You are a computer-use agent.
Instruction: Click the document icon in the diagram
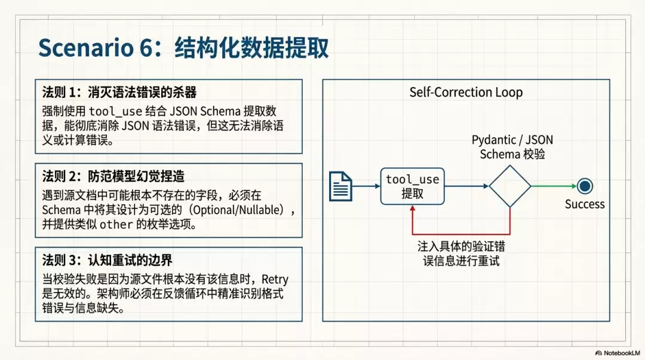pyautogui.click(x=340, y=186)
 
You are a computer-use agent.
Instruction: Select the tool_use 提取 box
pyautogui.click(x=412, y=186)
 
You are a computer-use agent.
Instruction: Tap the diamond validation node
pyautogui.click(x=509, y=186)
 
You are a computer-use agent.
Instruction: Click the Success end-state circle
pyautogui.click(x=585, y=186)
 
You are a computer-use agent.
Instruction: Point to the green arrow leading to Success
pyautogui.click(x=554, y=186)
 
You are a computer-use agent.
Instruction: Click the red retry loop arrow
pyautogui.click(x=461, y=234)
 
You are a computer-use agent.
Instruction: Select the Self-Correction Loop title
pyautogui.click(x=466, y=92)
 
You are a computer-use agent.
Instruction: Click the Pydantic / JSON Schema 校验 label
pyautogui.click(x=512, y=147)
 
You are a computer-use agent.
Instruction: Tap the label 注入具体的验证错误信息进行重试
pyautogui.click(x=461, y=254)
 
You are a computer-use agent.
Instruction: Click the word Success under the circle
pyautogui.click(x=585, y=204)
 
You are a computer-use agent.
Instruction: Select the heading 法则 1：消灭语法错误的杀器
pyautogui.click(x=119, y=92)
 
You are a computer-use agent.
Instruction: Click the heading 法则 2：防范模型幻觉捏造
pyautogui.click(x=113, y=176)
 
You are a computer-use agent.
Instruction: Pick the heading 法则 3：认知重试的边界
pyautogui.click(x=107, y=260)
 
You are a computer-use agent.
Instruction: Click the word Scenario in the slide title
pyautogui.click(x=85, y=48)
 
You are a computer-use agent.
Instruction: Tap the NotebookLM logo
pyautogui.click(x=618, y=353)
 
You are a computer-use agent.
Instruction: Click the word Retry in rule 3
pyautogui.click(x=275, y=280)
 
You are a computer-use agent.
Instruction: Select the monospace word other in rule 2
pyautogui.click(x=116, y=224)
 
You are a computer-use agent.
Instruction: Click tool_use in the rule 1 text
pyautogui.click(x=115, y=112)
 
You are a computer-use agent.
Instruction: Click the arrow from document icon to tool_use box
pyautogui.click(x=366, y=186)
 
